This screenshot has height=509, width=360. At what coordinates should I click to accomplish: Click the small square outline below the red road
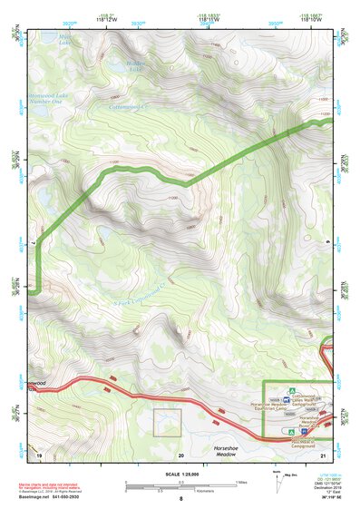(x=167, y=423)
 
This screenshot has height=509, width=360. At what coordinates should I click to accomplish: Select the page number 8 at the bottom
(x=180, y=498)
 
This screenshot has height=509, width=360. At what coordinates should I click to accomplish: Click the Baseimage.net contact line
(x=56, y=497)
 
